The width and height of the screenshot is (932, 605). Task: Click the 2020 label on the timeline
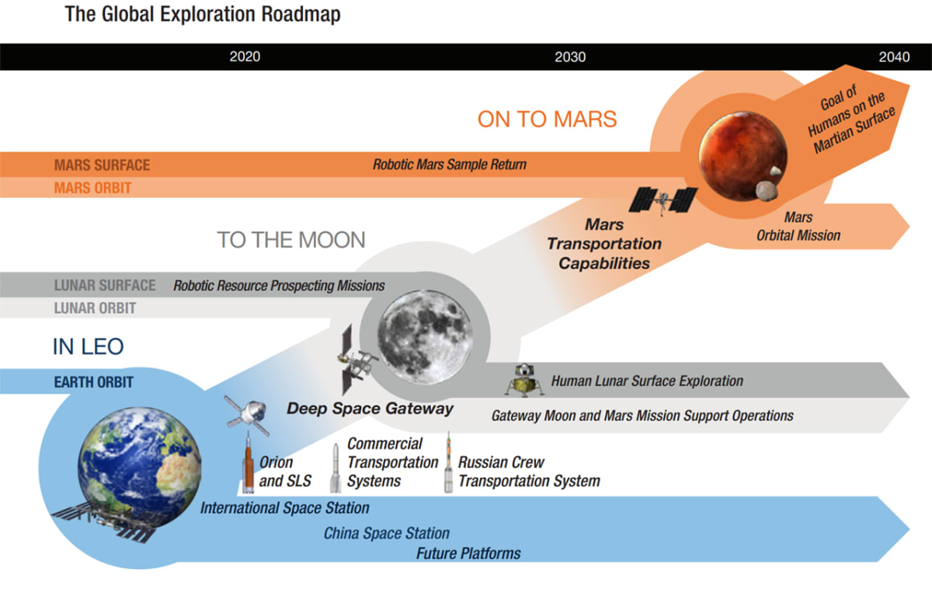pos(245,57)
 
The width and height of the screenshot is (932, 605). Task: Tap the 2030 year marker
pos(570,57)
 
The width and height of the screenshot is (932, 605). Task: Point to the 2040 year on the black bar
pos(894,57)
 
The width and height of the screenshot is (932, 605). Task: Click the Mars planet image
pos(743,156)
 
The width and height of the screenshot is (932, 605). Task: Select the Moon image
pos(426,337)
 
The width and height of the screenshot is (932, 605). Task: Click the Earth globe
pos(140,465)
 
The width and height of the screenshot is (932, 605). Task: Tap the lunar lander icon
pos(524,380)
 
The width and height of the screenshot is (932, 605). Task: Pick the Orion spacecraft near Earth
pos(248,414)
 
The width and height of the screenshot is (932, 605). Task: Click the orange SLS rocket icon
pos(249,463)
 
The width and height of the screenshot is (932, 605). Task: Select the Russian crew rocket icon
pos(449,463)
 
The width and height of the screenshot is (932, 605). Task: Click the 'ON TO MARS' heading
pos(547,120)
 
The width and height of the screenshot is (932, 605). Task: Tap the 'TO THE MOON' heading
pos(291,240)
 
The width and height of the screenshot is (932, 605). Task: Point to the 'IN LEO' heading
pos(89,346)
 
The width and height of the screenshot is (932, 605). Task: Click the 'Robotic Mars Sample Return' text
pos(450,165)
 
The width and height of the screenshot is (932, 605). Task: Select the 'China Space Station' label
pos(387,534)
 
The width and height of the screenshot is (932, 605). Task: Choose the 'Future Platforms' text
pos(468,554)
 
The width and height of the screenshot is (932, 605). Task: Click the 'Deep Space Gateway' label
pos(370,409)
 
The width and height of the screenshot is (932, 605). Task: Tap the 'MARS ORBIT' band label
pos(92,188)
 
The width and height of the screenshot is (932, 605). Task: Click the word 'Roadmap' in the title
pos(301,15)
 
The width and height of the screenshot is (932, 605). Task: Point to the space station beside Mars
pos(663,200)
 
